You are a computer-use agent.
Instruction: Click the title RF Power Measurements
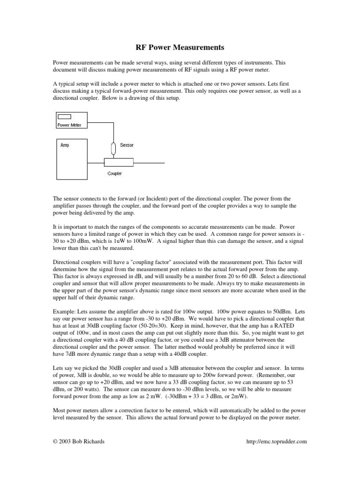tap(180, 47)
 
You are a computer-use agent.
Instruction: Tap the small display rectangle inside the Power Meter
tap(65, 117)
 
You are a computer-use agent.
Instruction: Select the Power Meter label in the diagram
tap(69, 125)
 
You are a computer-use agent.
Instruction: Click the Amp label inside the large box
tap(65, 145)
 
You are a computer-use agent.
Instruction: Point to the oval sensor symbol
tap(112, 148)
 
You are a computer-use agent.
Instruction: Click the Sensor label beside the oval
tap(127, 145)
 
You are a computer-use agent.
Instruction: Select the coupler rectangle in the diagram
tap(119, 163)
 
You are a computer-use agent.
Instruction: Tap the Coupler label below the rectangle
tap(114, 173)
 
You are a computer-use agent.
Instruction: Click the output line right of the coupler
tap(149, 163)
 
